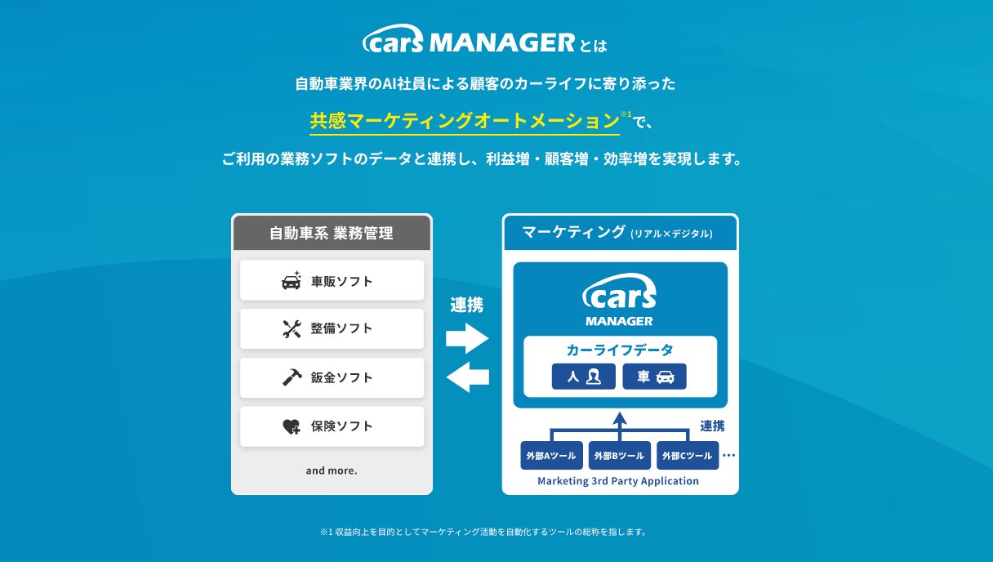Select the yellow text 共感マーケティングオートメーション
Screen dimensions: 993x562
coord(464,121)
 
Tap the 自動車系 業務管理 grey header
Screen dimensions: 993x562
coord(332,233)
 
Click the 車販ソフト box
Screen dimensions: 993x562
coord(332,281)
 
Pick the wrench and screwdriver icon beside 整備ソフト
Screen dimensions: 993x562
coord(292,328)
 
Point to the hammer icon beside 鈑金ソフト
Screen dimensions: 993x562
coord(292,377)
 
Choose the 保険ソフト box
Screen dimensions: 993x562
coord(332,426)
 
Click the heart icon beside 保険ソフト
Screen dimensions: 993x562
coord(292,426)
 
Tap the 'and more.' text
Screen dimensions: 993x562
coord(332,471)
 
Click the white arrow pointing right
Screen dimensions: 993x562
coord(467,337)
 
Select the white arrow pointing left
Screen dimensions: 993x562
coord(467,377)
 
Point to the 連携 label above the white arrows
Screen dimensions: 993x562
coord(467,306)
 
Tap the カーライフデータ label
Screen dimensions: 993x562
coord(620,350)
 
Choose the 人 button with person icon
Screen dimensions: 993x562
coord(583,377)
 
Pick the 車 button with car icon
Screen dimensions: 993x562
coord(654,377)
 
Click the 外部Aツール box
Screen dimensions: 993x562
coord(551,456)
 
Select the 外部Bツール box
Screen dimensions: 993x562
coord(619,456)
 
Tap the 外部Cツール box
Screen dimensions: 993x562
coord(688,456)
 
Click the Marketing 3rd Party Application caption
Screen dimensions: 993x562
coord(618,481)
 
